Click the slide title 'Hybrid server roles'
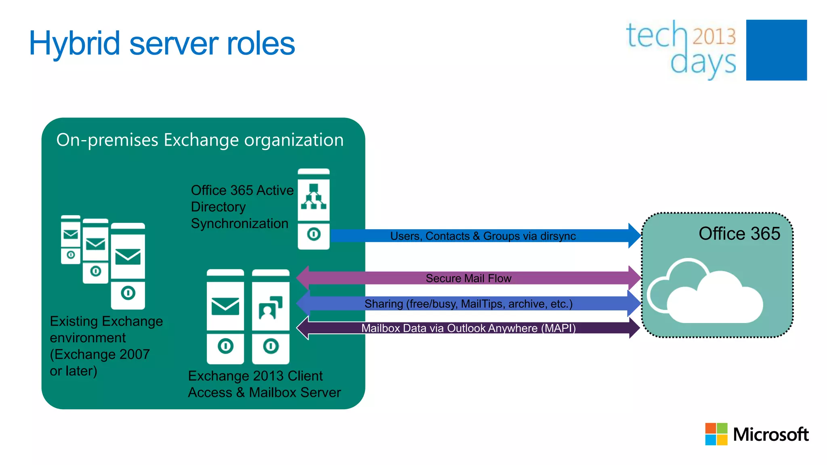coord(162,44)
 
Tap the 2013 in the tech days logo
coord(714,36)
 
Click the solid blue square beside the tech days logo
coord(776,50)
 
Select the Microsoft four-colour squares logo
coord(716,434)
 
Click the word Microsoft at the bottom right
coord(770,435)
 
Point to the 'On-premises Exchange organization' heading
coord(200,140)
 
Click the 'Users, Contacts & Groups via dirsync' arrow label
coord(483,236)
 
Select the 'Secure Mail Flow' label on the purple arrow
coord(468,279)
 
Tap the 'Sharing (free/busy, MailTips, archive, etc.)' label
coord(468,304)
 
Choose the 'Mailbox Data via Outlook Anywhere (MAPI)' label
coord(468,328)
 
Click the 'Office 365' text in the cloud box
coord(739,234)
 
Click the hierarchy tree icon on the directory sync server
coord(313,197)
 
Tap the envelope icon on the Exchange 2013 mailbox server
coord(225,306)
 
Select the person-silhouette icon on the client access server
coord(270,308)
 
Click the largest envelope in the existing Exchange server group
coord(128,257)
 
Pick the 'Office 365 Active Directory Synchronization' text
coord(241,207)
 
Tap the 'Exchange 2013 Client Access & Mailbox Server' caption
coord(264,384)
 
